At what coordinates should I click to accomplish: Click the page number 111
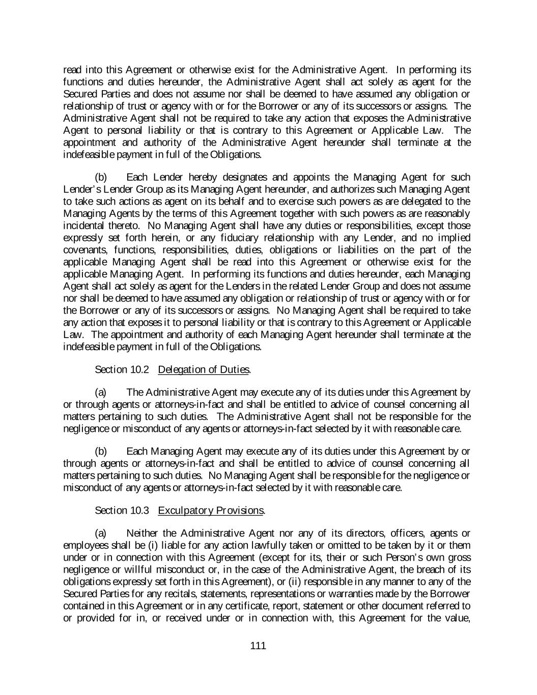coord(258,646)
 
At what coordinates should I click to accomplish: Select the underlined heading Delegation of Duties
coord(204,369)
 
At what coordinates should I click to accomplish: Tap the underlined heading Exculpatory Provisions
coord(211,510)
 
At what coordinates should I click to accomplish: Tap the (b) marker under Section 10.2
coord(101,451)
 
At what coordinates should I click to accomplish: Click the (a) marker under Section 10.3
coord(101,533)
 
